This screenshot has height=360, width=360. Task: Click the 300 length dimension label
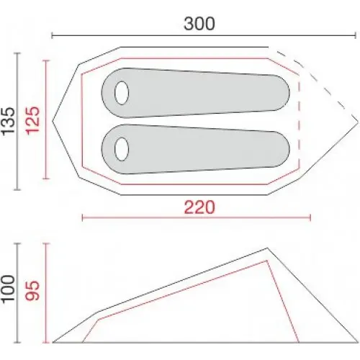(199, 24)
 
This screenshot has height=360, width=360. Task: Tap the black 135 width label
(9, 121)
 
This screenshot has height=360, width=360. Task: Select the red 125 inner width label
(32, 120)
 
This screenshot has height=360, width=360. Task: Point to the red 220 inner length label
(199, 207)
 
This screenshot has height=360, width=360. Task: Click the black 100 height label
(9, 289)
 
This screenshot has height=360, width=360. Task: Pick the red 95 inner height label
(32, 290)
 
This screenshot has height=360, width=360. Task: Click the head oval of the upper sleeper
(122, 93)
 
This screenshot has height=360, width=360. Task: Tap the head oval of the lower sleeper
(122, 149)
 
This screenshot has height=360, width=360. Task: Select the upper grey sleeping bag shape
(195, 93)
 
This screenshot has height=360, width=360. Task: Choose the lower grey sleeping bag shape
(195, 149)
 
